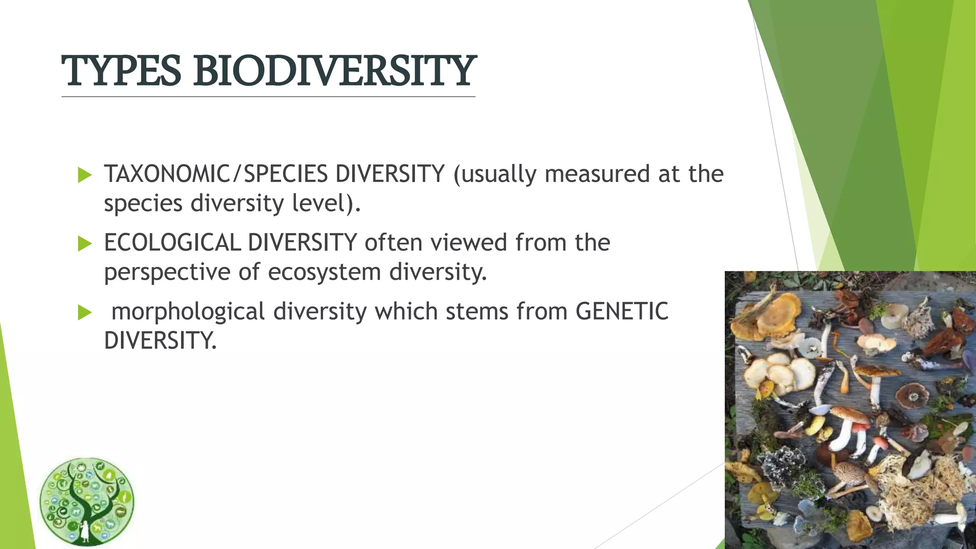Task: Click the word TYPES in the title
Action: click(x=121, y=71)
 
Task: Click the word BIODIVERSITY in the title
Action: click(x=334, y=71)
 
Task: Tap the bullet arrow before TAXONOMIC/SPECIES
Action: click(x=84, y=175)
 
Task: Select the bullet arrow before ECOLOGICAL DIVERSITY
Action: click(x=84, y=244)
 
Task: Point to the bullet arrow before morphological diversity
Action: click(x=84, y=313)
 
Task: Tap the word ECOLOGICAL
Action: click(x=172, y=243)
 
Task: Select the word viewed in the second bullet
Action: click(x=469, y=243)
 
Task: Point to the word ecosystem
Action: click(x=324, y=273)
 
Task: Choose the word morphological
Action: click(x=188, y=312)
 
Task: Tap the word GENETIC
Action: click(x=622, y=311)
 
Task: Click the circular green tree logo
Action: click(x=87, y=502)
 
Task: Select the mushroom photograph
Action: click(x=850, y=410)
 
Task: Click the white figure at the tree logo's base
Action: click(x=85, y=530)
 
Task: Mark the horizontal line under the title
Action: click(x=268, y=97)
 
